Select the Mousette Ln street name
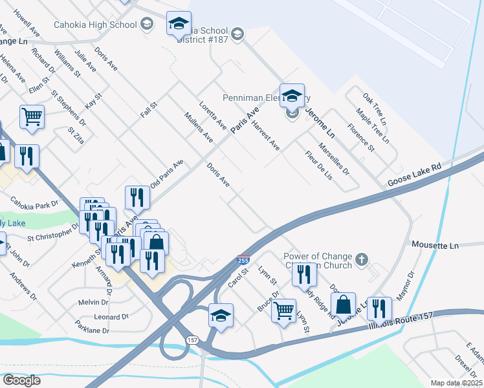click(435, 246)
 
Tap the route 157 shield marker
click(192, 339)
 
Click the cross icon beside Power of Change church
click(362, 259)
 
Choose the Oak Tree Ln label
click(374, 109)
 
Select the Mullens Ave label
click(198, 127)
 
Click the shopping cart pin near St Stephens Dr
click(32, 117)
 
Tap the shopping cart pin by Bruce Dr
click(283, 311)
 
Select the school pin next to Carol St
click(221, 316)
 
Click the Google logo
click(21, 380)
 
